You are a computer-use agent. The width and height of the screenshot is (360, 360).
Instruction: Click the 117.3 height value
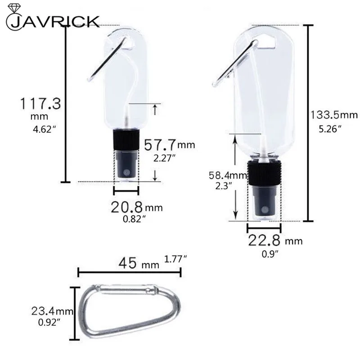pos(40,104)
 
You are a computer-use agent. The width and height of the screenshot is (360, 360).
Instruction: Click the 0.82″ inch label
pos(134,219)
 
